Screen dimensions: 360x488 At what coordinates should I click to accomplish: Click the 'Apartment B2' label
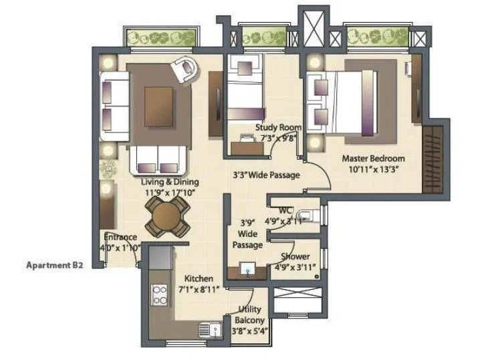[x=53, y=265]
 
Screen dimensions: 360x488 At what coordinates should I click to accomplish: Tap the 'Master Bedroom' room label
[x=374, y=159]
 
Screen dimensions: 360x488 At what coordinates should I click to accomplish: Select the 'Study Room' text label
[x=277, y=127]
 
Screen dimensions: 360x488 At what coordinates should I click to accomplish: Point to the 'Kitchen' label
[x=199, y=278]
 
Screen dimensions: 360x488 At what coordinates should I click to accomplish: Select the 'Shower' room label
[x=294, y=256]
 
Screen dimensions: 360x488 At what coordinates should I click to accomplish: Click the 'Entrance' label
[x=120, y=237]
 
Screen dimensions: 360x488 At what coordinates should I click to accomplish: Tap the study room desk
[x=247, y=144]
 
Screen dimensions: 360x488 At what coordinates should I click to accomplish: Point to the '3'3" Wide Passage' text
[x=266, y=175]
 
